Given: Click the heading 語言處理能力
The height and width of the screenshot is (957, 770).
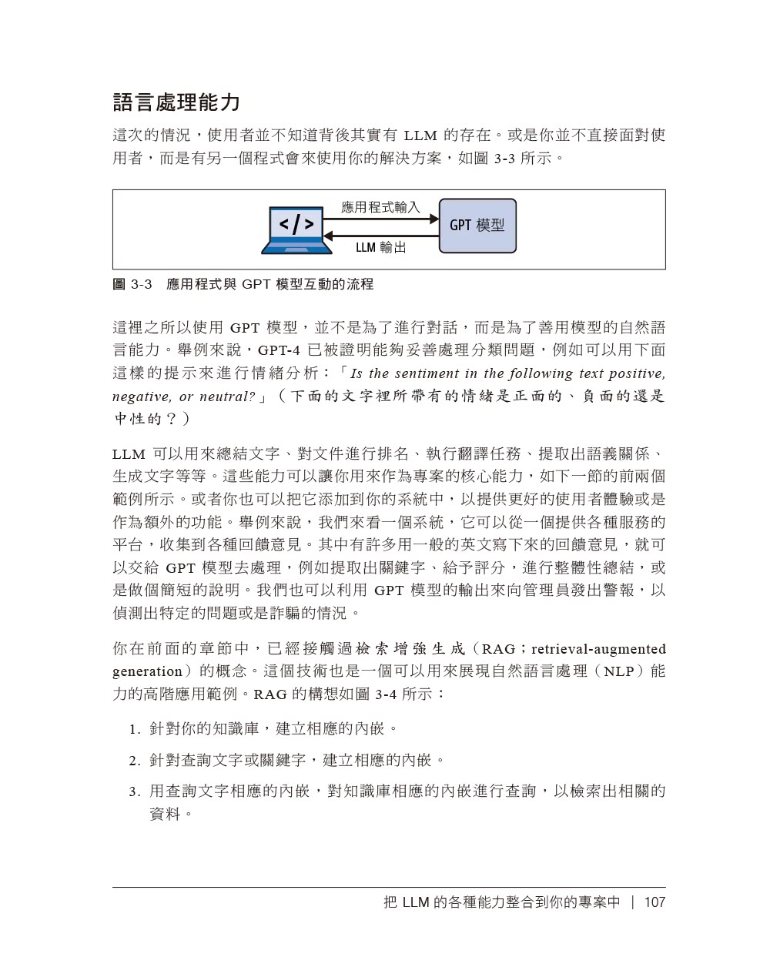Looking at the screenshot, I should pyautogui.click(x=176, y=102).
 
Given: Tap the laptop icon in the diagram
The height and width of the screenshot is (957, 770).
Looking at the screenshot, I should pyautogui.click(x=296, y=229).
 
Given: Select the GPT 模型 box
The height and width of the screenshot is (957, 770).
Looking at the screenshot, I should pyautogui.click(x=477, y=226).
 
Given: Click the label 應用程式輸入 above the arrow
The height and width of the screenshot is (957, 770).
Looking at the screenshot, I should pyautogui.click(x=380, y=207).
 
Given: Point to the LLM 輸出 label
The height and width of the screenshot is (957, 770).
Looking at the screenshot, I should pyautogui.click(x=380, y=247).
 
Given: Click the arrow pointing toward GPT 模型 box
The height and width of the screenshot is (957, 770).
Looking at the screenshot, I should pyautogui.click(x=380, y=219).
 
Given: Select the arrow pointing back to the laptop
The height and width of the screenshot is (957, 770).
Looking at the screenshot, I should pyautogui.click(x=380, y=235).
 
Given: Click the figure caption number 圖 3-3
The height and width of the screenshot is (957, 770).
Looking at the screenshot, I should pyautogui.click(x=132, y=285).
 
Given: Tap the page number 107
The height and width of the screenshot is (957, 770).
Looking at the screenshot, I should pyautogui.click(x=654, y=902).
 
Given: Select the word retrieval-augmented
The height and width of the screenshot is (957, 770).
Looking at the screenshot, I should pyautogui.click(x=598, y=649).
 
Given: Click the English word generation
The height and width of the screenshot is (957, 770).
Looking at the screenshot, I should pyautogui.click(x=147, y=671).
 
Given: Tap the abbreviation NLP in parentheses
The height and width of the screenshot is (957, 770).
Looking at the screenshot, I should pyautogui.click(x=619, y=671).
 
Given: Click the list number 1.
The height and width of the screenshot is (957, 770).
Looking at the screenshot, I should pyautogui.click(x=133, y=729).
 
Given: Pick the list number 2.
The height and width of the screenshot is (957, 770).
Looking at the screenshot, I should pyautogui.click(x=133, y=761).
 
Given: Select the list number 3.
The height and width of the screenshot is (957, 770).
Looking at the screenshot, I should pyautogui.click(x=133, y=792).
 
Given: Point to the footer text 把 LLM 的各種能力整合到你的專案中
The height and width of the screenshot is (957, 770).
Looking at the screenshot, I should pyautogui.click(x=501, y=902).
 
